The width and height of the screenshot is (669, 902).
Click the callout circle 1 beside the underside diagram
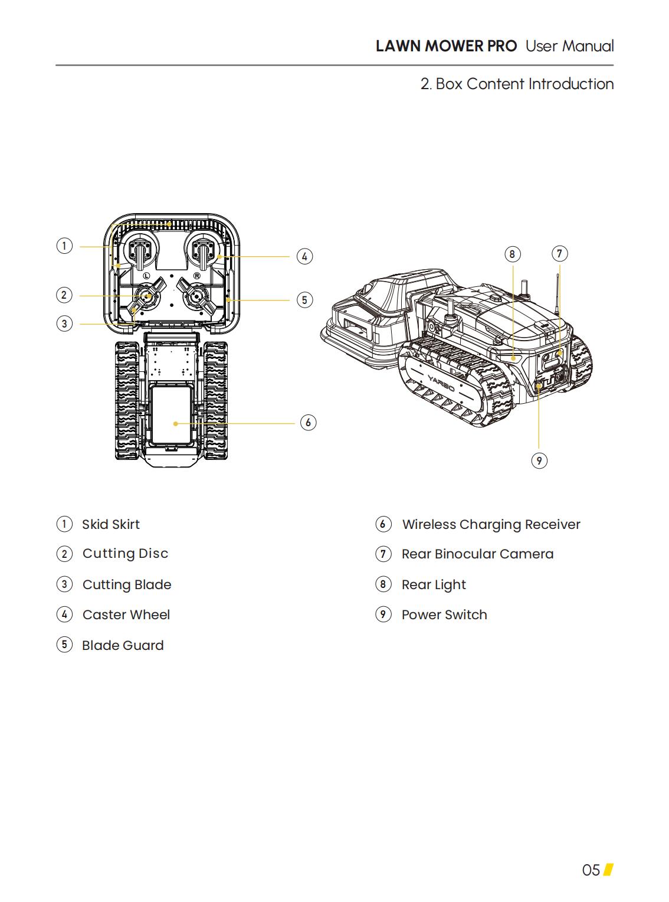click(x=64, y=246)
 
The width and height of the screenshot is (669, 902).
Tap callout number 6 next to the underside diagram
click(x=308, y=423)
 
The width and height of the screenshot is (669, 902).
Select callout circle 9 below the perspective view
click(x=539, y=460)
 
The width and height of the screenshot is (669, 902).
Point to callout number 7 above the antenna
click(x=559, y=254)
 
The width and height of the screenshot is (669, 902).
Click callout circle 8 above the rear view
click(x=512, y=254)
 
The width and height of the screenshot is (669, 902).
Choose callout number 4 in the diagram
click(x=304, y=257)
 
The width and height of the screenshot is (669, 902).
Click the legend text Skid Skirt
click(x=111, y=524)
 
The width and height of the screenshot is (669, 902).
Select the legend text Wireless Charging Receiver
click(x=491, y=524)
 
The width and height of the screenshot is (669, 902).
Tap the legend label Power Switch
click(x=444, y=615)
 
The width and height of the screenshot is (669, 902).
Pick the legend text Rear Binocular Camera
click(x=477, y=554)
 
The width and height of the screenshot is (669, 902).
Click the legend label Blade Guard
click(x=123, y=645)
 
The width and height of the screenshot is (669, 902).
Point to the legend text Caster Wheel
click(x=126, y=615)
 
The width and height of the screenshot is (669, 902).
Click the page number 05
click(x=591, y=870)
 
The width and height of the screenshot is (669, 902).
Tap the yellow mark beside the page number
click(x=608, y=870)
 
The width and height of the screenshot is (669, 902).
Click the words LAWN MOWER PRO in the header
click(x=446, y=46)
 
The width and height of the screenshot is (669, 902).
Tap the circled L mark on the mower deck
click(x=146, y=276)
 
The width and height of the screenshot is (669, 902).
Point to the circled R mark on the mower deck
click(x=197, y=276)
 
